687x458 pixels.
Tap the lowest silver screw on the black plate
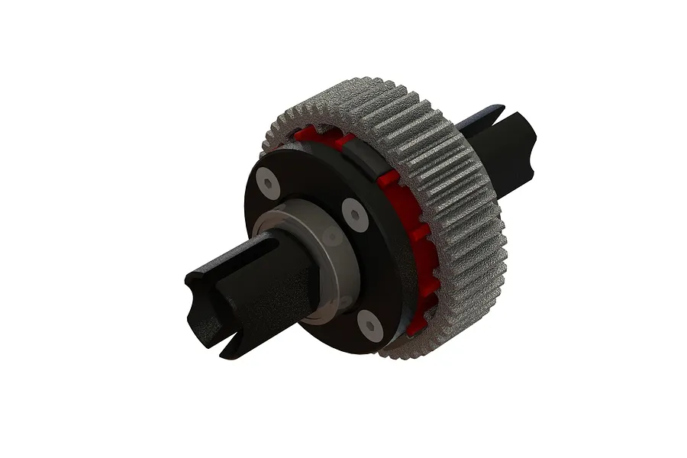[370, 326]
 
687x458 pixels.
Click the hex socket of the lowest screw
[370, 326]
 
